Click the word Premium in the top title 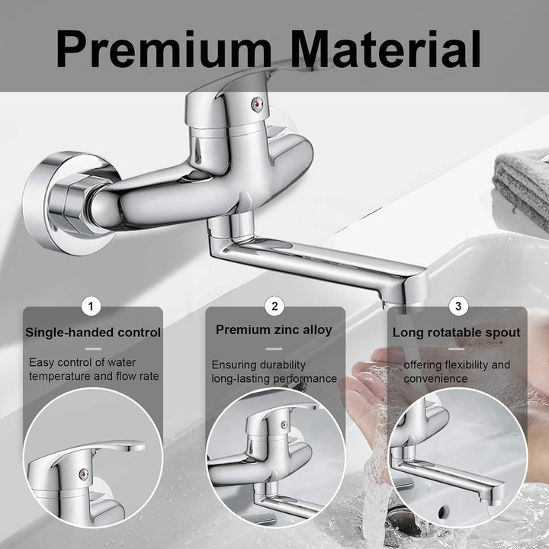click(x=163, y=49)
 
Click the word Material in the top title click(x=386, y=49)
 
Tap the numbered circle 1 click(x=91, y=307)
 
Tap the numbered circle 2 click(x=274, y=307)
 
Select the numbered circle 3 click(x=458, y=307)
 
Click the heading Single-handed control click(x=93, y=332)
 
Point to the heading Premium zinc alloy click(x=274, y=330)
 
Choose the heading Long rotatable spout click(x=457, y=332)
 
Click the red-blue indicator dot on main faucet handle click(x=258, y=104)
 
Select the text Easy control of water click(x=82, y=362)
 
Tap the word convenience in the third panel click(x=435, y=378)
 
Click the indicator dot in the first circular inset click(x=84, y=474)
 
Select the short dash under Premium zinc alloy click(x=274, y=348)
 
